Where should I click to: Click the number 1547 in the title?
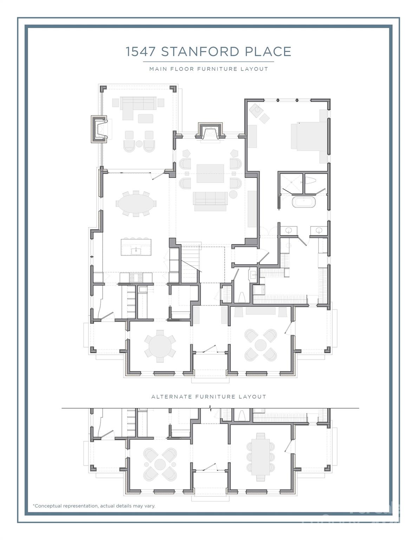point(141,52)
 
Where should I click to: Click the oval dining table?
point(136,204)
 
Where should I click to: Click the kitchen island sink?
point(136,251)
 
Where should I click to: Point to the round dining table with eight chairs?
point(160,346)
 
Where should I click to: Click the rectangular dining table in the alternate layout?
point(260,456)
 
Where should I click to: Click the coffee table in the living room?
point(210,173)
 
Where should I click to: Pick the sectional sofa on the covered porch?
point(135,104)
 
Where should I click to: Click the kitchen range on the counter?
point(136,278)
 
